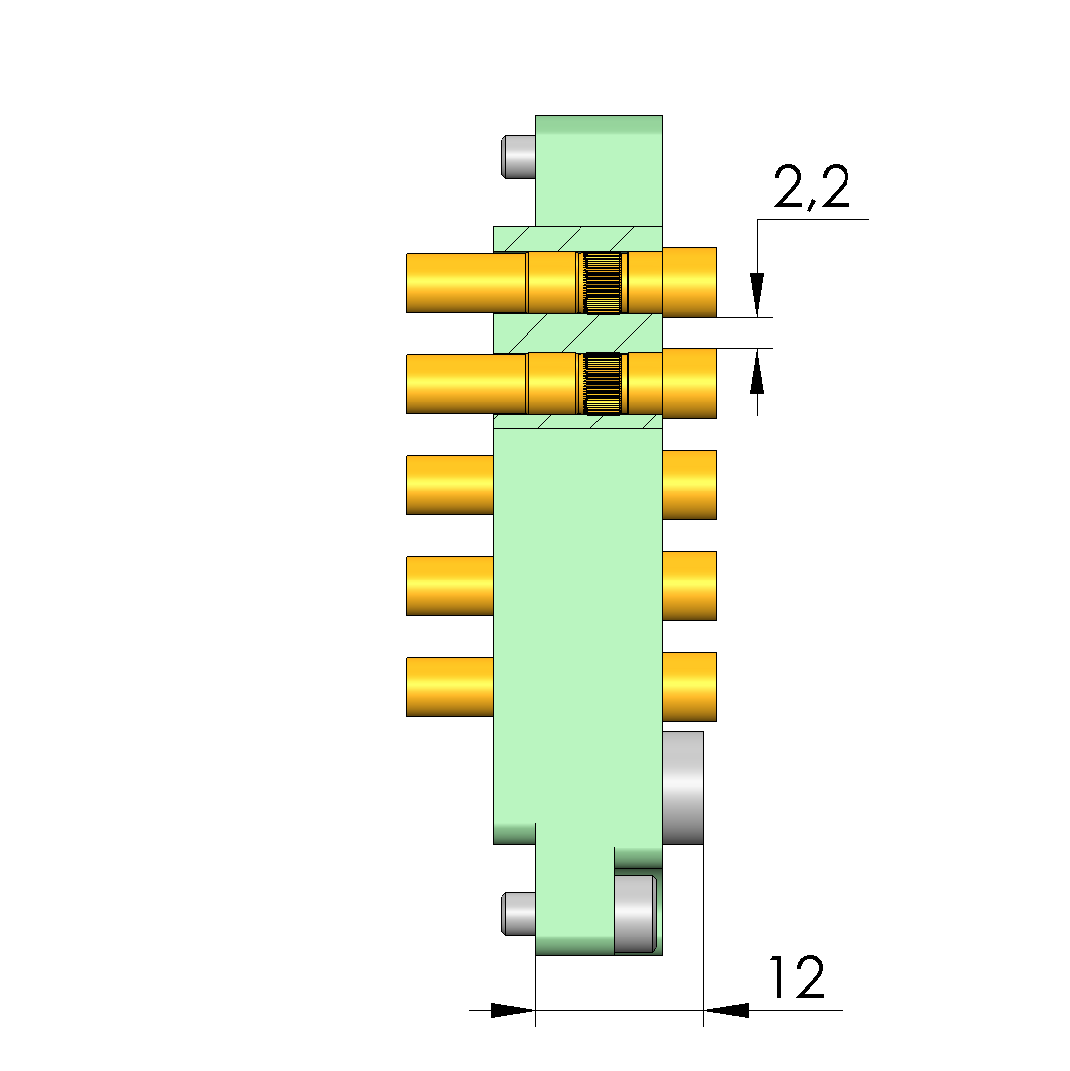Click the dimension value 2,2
[812, 187]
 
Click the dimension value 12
[797, 977]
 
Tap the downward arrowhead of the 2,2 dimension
[757, 295]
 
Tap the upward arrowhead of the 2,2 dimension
[757, 371]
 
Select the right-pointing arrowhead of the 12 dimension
[513, 1010]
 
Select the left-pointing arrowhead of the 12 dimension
[726, 1010]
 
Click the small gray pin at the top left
[518, 157]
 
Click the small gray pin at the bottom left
[518, 913]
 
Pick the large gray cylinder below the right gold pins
[682, 787]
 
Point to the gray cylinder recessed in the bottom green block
[635, 914]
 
